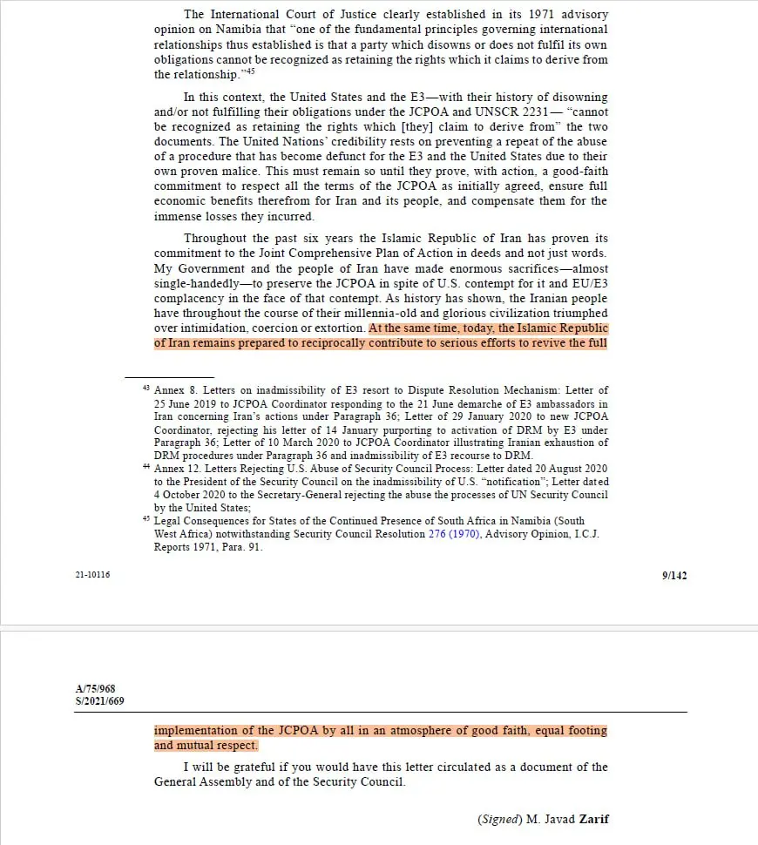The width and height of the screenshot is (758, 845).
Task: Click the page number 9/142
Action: click(x=673, y=575)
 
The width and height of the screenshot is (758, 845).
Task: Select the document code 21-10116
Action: click(x=92, y=575)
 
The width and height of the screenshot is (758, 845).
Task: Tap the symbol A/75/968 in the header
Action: click(x=94, y=688)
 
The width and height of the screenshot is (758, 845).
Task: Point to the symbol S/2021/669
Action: click(x=96, y=700)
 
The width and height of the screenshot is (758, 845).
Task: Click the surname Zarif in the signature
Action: click(x=592, y=819)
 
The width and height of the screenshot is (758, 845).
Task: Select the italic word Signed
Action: click(x=501, y=819)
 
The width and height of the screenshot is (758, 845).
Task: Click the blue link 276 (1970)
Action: click(x=454, y=534)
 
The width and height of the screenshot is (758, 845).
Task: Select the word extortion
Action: click(x=335, y=328)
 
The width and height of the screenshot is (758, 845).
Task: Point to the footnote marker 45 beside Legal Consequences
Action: click(x=146, y=519)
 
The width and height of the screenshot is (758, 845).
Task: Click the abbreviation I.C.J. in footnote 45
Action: click(x=583, y=534)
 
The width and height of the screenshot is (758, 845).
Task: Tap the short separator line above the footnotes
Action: click(x=156, y=377)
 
